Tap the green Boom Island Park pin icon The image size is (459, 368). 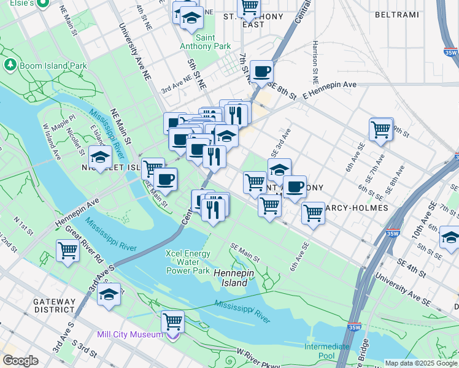[10, 64]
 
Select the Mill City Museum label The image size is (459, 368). [129, 335]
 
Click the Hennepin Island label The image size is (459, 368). [231, 278]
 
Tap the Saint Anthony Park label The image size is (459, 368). [205, 41]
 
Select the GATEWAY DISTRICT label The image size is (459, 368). [54, 306]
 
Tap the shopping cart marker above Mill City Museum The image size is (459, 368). [173, 321]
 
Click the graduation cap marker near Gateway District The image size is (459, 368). [109, 294]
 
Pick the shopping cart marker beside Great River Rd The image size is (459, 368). [67, 250]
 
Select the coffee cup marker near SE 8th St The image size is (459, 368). [262, 71]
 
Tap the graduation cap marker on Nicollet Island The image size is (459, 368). [100, 156]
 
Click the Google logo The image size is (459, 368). [20, 361]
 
